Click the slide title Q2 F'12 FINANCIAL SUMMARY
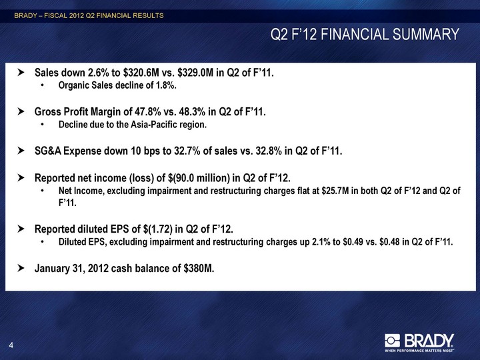point(365,34)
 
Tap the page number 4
point(11,345)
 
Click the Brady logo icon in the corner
point(392,341)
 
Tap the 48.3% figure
point(192,112)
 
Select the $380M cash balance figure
point(199,269)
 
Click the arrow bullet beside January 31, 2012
point(21,269)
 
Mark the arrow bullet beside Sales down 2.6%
point(21,73)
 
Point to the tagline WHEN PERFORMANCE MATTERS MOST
point(419,350)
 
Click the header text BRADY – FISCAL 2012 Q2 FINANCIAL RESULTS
point(89,15)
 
